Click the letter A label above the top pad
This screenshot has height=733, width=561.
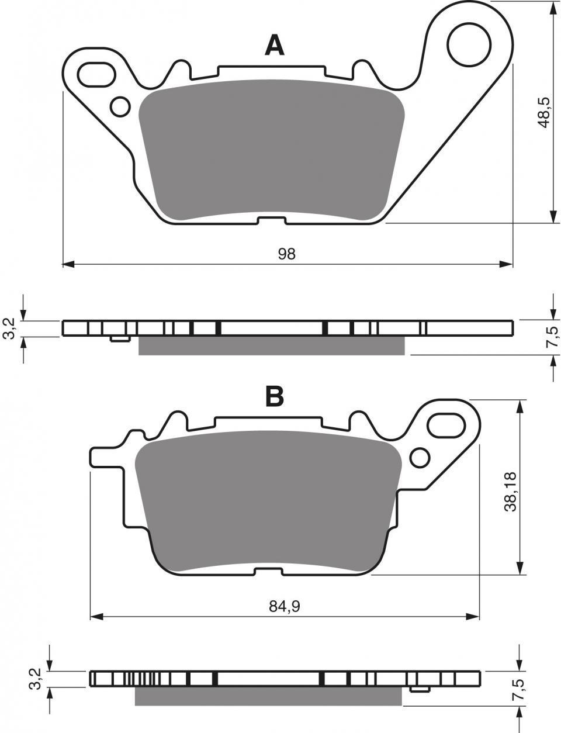pos(274,45)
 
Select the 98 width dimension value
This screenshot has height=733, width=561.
pos(286,254)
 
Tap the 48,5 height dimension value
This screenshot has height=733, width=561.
pos(543,112)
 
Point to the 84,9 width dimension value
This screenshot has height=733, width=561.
pos(285,607)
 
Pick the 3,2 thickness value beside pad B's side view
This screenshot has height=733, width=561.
pos(37,679)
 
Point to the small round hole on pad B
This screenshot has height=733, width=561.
pos(420,457)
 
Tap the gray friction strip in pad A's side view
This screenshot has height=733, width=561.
pos(271,346)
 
